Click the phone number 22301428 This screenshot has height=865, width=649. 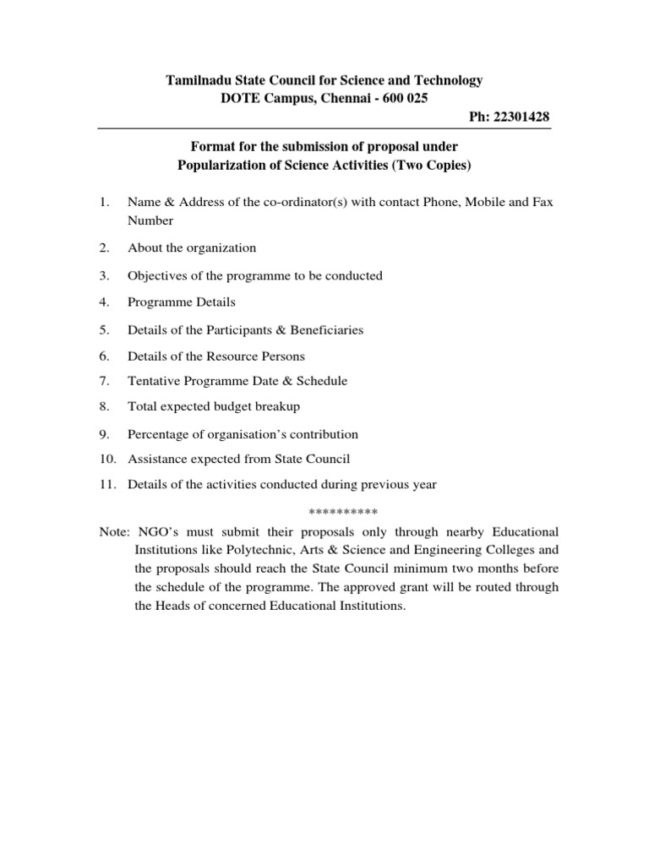click(522, 116)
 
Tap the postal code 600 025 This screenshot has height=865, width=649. click(403, 98)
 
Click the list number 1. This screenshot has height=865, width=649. click(104, 203)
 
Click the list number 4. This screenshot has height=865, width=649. click(104, 302)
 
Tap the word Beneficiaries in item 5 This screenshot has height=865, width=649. click(322, 329)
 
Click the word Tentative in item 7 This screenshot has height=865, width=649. click(154, 381)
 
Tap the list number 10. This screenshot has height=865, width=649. click(106, 460)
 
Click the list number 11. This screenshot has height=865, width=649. click(106, 484)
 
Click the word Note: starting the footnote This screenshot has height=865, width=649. click(114, 532)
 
